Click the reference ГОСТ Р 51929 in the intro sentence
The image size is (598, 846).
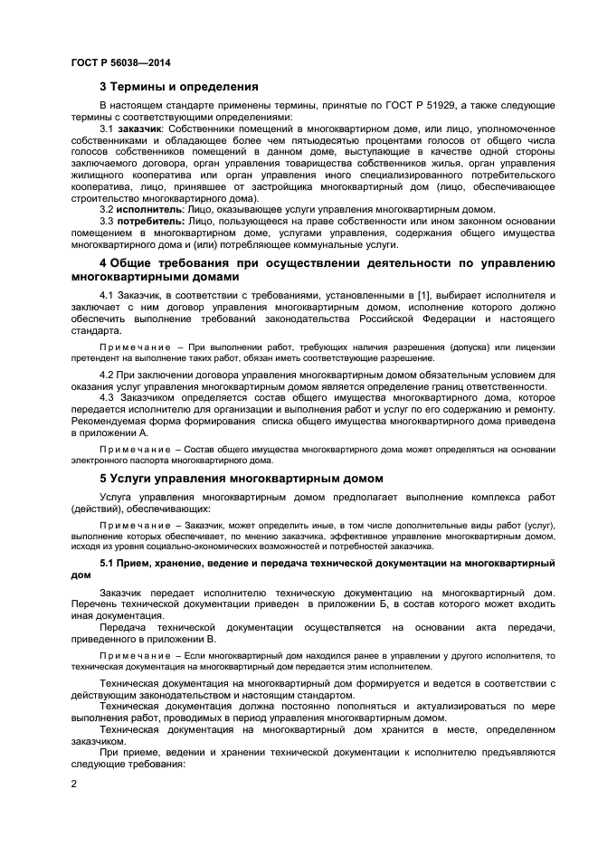[x=410, y=106]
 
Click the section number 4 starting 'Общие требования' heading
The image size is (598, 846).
[x=103, y=263]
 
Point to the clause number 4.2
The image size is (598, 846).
[x=107, y=372]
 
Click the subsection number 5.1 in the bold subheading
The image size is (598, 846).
[x=107, y=563]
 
